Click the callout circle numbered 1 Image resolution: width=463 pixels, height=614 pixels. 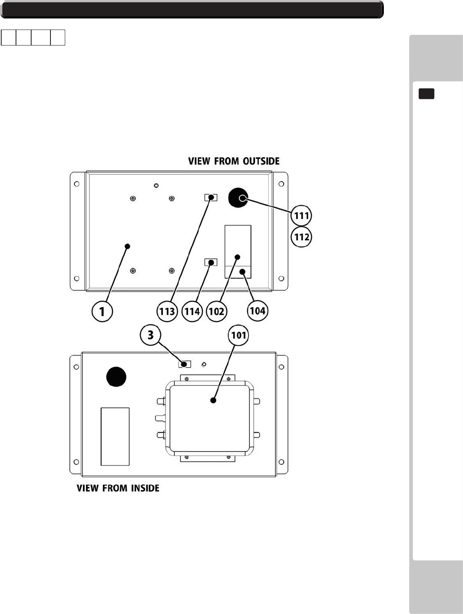pyautogui.click(x=102, y=312)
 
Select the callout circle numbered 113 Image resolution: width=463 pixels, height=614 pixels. pyautogui.click(x=167, y=312)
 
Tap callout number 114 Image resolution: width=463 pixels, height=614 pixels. pyautogui.click(x=192, y=312)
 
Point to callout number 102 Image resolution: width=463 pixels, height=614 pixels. pyautogui.click(x=217, y=312)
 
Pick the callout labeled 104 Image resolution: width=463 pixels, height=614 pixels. pyautogui.click(x=258, y=311)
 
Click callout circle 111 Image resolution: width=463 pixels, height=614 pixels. pyautogui.click(x=301, y=216)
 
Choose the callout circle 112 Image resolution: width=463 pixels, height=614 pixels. pyautogui.click(x=301, y=237)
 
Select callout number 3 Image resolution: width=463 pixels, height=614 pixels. pyautogui.click(x=151, y=335)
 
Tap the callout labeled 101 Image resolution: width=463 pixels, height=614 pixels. pyautogui.click(x=238, y=336)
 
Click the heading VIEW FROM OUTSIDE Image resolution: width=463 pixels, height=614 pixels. pyautogui.click(x=234, y=161)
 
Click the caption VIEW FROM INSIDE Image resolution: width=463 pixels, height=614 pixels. pyautogui.click(x=118, y=488)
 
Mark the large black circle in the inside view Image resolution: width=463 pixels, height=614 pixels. pyautogui.click(x=116, y=377)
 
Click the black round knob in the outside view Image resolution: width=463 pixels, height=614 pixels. pyautogui.click(x=238, y=198)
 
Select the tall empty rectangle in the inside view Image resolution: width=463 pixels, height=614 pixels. pyautogui.click(x=115, y=436)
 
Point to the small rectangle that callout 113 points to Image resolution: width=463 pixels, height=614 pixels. pyautogui.click(x=211, y=198)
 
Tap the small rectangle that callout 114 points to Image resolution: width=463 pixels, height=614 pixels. pyautogui.click(x=211, y=262)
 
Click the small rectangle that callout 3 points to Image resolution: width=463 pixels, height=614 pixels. pyautogui.click(x=185, y=364)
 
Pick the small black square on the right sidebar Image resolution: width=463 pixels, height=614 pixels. pyautogui.click(x=427, y=94)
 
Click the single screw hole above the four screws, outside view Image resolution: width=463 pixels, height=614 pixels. pyautogui.click(x=156, y=186)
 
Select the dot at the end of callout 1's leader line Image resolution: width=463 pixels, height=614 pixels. pyautogui.click(x=127, y=246)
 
